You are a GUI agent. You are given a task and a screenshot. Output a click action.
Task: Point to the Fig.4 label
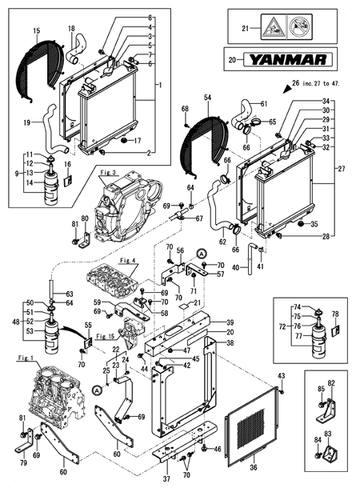[126, 259]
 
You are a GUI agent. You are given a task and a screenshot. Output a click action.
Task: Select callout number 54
[206, 96]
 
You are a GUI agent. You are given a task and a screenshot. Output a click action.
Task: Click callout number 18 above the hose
[71, 29]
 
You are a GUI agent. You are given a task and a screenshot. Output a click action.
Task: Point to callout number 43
[281, 376]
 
